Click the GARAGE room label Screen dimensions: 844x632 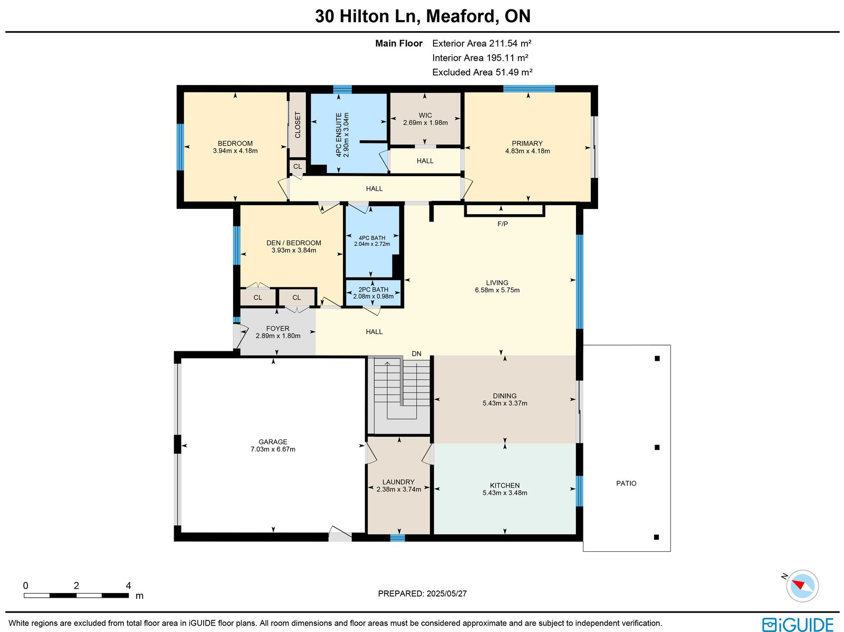click(273, 442)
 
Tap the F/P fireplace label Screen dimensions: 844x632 click(503, 224)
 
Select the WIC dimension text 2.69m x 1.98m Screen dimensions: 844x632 click(425, 122)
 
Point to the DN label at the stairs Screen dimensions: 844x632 click(416, 353)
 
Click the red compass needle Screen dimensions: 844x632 click(799, 585)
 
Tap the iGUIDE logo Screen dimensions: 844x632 click(798, 625)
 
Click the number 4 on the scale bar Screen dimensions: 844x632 click(128, 586)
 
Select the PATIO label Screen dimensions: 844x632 click(626, 483)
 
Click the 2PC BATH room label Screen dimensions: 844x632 click(373, 290)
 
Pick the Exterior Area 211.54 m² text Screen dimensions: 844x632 click(482, 43)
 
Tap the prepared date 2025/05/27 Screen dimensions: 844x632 click(446, 593)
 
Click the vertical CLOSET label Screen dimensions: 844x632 click(298, 125)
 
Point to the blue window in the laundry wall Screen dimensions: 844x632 click(398, 538)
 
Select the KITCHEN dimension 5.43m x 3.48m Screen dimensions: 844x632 click(505, 492)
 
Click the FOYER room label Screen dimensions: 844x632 click(277, 328)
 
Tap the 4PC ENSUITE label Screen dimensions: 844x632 click(338, 135)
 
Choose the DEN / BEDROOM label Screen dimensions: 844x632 click(294, 243)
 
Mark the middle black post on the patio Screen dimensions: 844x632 click(657, 447)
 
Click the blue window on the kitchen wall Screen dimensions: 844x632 click(579, 491)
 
